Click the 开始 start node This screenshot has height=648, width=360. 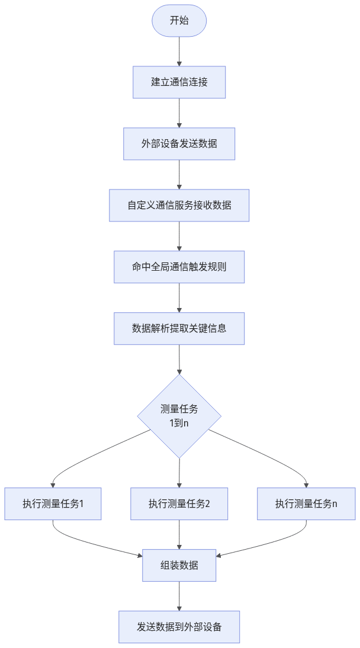(x=179, y=21)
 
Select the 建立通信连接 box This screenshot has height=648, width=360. (x=179, y=82)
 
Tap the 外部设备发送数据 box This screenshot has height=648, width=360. (x=179, y=144)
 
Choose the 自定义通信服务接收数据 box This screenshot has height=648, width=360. (x=179, y=206)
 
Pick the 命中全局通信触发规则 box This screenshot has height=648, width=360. (x=179, y=267)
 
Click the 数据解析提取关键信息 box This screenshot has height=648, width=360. (x=179, y=328)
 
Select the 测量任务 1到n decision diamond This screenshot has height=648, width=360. (x=179, y=416)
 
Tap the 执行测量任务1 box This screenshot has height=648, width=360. (x=53, y=504)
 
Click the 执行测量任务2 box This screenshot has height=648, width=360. (x=179, y=504)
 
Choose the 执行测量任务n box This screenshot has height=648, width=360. (x=306, y=504)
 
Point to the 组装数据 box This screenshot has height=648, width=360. (x=179, y=566)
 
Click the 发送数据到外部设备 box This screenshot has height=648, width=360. (x=179, y=627)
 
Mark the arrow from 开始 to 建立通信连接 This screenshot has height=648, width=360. (x=179, y=52)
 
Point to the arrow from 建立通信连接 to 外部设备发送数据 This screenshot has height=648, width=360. (x=179, y=113)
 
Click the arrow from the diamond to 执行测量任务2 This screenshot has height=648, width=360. (x=179, y=473)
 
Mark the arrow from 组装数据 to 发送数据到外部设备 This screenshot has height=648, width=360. (x=179, y=596)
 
